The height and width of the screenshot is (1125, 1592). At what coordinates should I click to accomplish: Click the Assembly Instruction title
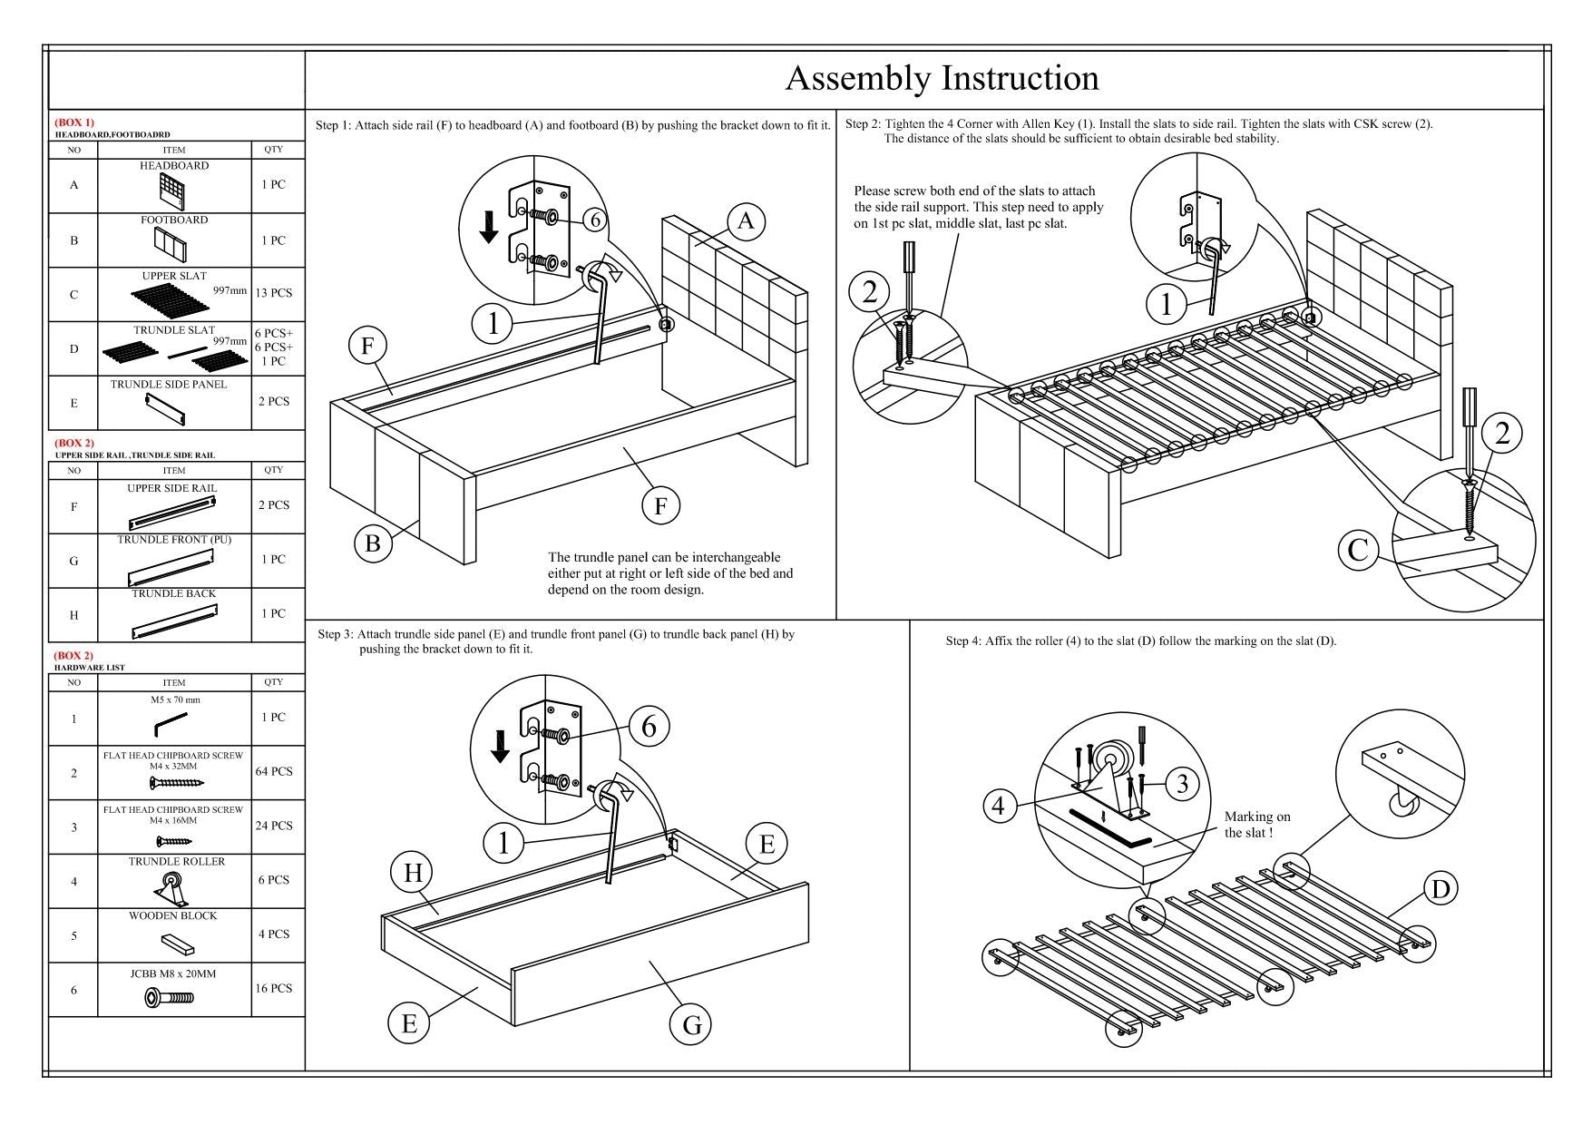pyautogui.click(x=942, y=79)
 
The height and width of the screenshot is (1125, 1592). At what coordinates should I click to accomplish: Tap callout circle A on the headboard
pyautogui.click(x=746, y=221)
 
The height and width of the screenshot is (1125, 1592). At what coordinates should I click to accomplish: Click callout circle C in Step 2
pyautogui.click(x=1358, y=550)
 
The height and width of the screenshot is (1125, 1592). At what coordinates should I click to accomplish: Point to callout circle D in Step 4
pyautogui.click(x=1441, y=888)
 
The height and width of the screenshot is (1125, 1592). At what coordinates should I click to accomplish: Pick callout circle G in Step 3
pyautogui.click(x=692, y=1024)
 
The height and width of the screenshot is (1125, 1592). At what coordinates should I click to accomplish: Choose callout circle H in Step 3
pyautogui.click(x=413, y=873)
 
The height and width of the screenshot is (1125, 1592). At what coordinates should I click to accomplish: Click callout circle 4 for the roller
pyautogui.click(x=999, y=805)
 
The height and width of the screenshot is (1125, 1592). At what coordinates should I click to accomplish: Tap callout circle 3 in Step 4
pyautogui.click(x=1182, y=784)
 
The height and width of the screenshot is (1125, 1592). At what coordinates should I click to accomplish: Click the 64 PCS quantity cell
pyautogui.click(x=274, y=772)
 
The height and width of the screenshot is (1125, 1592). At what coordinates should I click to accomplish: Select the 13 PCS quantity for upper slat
pyautogui.click(x=274, y=294)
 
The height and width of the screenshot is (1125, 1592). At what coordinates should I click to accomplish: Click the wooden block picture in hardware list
pyautogui.click(x=178, y=943)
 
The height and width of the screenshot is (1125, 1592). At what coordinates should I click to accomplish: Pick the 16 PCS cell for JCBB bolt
pyautogui.click(x=274, y=989)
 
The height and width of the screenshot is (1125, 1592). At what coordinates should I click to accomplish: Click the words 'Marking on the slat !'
pyautogui.click(x=1256, y=825)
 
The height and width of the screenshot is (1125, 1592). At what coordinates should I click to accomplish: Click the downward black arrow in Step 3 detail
pyautogui.click(x=499, y=746)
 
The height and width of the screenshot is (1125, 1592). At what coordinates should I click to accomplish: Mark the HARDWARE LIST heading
pyautogui.click(x=90, y=667)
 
